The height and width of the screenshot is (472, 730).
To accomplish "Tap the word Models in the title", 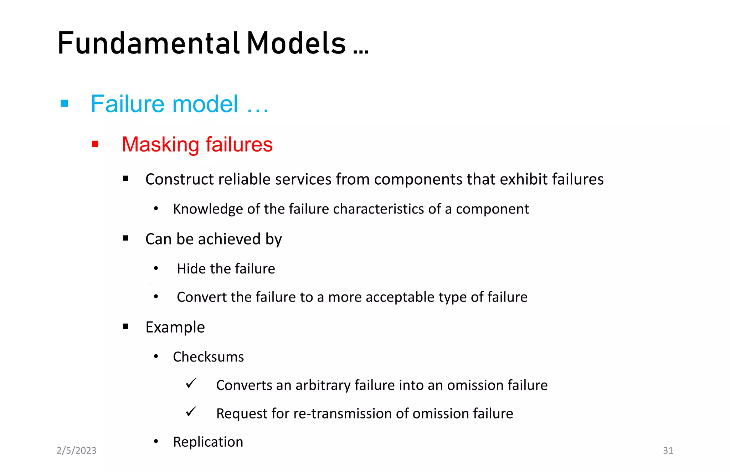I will [296, 43].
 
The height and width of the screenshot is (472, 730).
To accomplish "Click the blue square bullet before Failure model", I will [65, 103].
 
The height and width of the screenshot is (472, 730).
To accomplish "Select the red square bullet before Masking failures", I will [95, 144].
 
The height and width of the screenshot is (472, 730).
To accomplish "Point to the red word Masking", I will [160, 145].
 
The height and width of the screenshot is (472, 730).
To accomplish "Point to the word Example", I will [175, 327].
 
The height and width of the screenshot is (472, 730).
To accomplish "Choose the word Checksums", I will [208, 357].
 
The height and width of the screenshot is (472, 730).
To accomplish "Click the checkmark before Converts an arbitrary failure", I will [191, 384].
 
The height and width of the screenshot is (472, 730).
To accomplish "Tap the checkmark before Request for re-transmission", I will [191, 412].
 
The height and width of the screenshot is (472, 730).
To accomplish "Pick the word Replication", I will [208, 442].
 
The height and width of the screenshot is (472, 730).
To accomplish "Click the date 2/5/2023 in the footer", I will [76, 451].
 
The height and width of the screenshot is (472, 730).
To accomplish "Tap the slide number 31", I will [668, 451].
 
